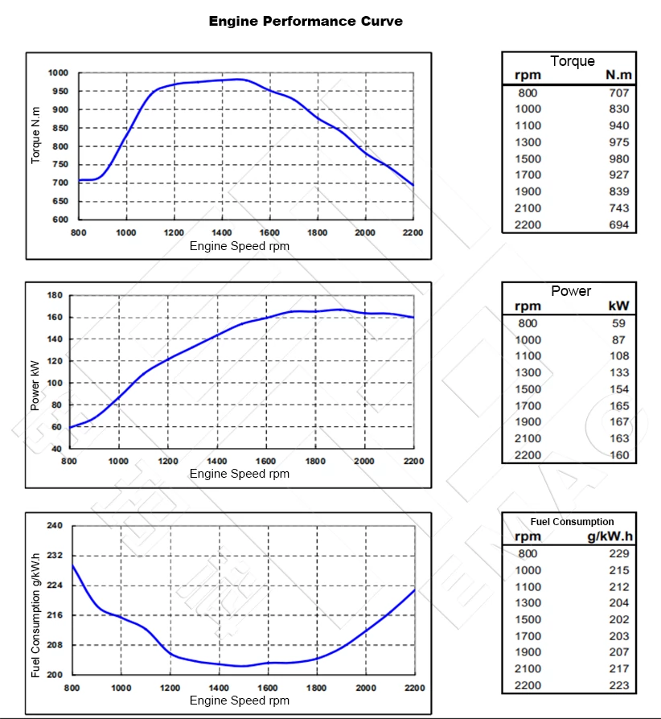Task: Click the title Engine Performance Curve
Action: (306, 21)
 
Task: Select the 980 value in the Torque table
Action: (618, 158)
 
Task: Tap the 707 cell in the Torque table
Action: (618, 92)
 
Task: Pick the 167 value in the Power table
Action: (618, 421)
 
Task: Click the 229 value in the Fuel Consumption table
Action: (618, 553)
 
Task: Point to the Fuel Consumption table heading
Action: (572, 521)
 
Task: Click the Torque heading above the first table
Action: (572, 61)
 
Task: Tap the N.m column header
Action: (618, 76)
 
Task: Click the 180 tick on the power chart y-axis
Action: (55, 295)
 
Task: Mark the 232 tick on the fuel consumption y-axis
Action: (54, 556)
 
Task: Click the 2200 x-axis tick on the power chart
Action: (413, 461)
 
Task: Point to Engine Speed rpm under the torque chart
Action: (240, 246)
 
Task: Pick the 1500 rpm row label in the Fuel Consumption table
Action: (528, 619)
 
